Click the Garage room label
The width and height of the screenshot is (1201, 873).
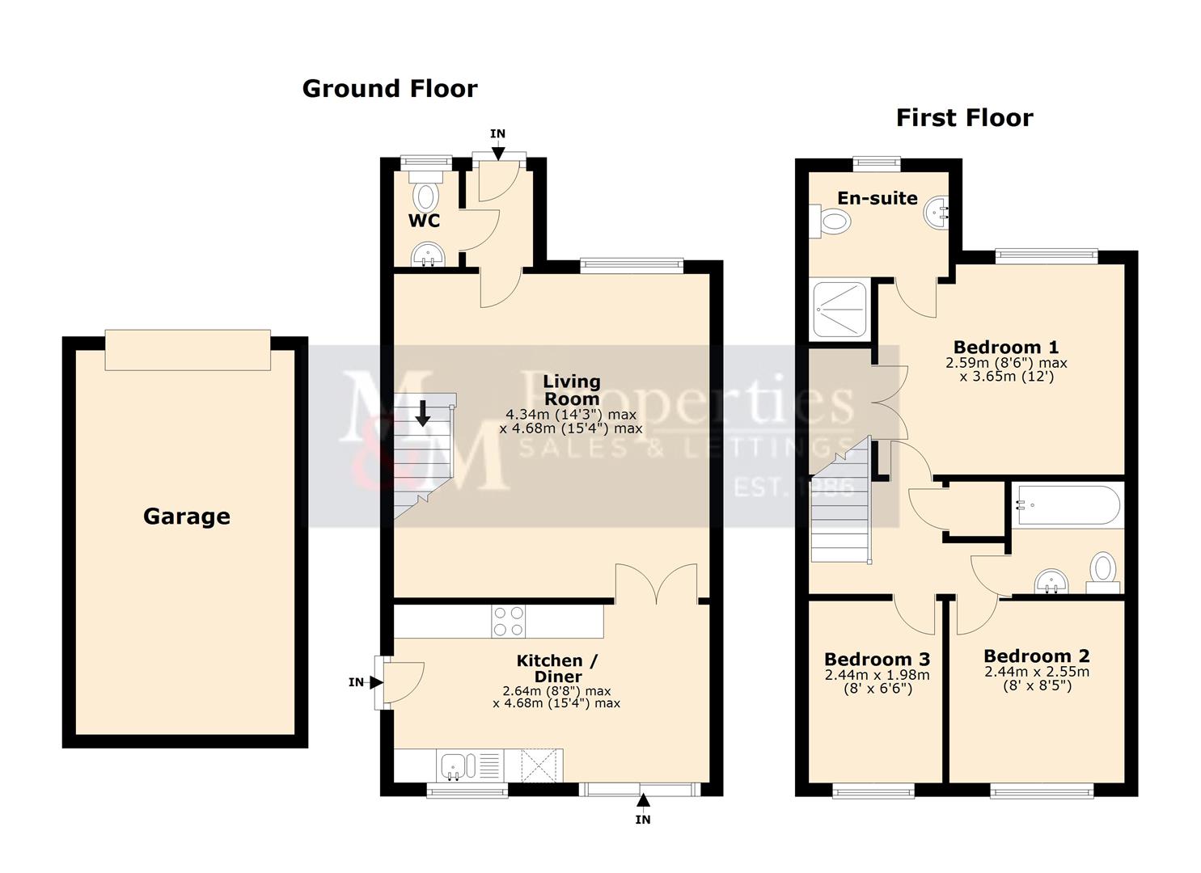point(187,517)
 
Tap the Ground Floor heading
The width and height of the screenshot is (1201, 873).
point(390,88)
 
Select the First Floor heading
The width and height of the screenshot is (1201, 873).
point(964,118)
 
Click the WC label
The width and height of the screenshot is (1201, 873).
point(424,221)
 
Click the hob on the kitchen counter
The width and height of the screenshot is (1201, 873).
point(507,621)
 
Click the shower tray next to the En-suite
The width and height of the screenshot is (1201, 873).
point(839,308)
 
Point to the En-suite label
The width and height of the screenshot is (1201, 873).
point(877,198)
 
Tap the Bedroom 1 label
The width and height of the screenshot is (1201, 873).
point(1005,347)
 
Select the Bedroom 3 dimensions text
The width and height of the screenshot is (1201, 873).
point(877,682)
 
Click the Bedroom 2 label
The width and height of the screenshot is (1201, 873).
point(1036,656)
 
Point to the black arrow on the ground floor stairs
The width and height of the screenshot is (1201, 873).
point(422,413)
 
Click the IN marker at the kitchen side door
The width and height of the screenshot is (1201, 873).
point(356,682)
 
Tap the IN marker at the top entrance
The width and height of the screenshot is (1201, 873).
point(497,134)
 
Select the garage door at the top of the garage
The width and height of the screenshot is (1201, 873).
point(188,349)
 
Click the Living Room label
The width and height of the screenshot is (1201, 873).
point(571,389)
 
